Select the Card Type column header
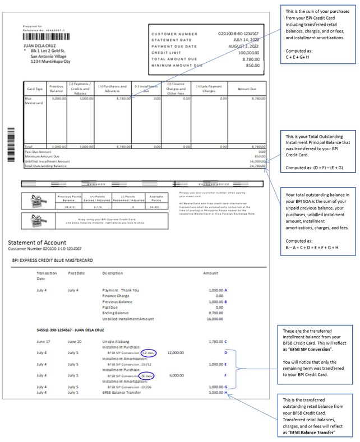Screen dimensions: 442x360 coord(35,89)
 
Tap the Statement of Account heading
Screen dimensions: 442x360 coord(36,242)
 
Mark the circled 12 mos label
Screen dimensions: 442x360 coord(149,352)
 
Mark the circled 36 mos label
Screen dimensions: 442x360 coord(149,375)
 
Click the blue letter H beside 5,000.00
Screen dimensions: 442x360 coord(226,393)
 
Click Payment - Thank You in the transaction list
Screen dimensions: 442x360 coord(121,290)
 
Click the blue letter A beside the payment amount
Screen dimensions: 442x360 coord(226,290)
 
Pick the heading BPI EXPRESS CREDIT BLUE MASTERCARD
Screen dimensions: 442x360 coord(52,260)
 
